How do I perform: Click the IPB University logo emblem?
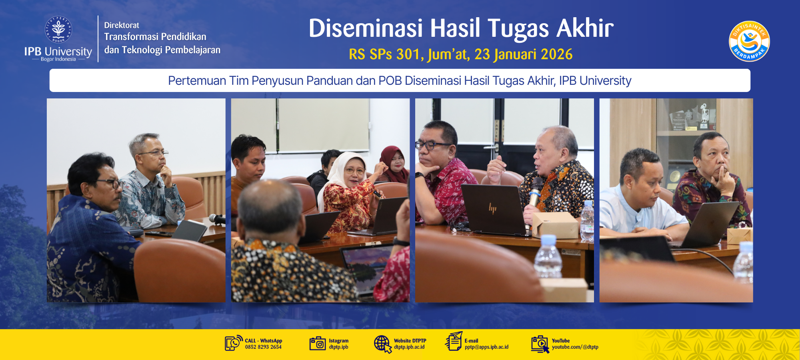(58, 30)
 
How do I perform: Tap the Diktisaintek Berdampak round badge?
(749, 41)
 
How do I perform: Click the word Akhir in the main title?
(585, 28)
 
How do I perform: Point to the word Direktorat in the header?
(122, 25)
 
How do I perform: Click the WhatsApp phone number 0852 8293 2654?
(263, 347)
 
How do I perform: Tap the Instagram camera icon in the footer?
(318, 343)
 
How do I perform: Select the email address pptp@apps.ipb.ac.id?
(486, 347)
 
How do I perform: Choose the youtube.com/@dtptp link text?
(575, 347)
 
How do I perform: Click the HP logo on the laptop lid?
(492, 208)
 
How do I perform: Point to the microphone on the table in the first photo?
(217, 219)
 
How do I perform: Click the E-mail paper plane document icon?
(454, 341)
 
